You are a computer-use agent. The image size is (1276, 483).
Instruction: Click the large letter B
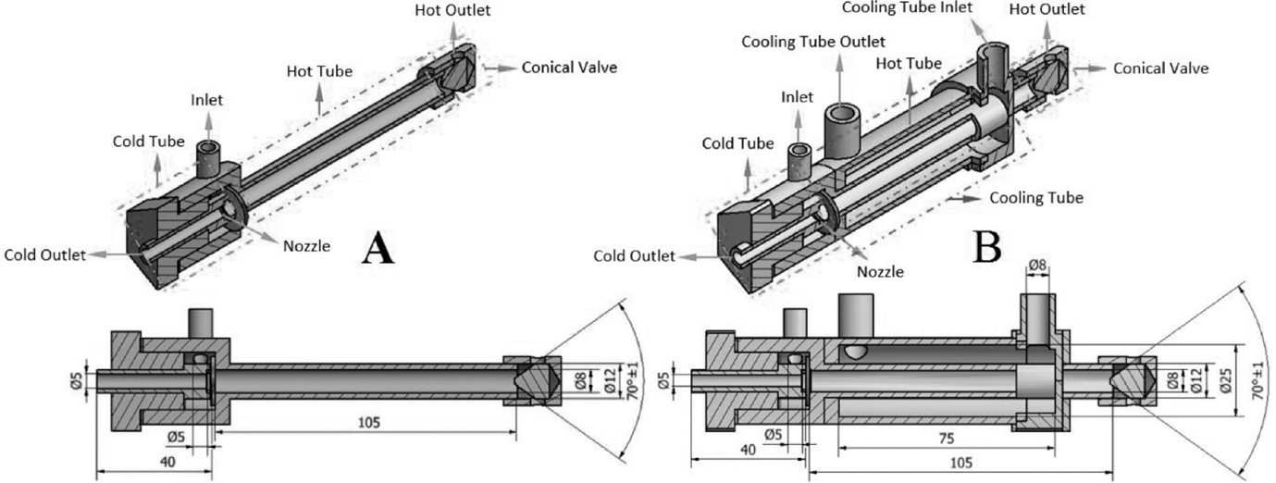click(986, 245)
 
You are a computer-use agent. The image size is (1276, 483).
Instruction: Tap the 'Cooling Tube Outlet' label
click(813, 42)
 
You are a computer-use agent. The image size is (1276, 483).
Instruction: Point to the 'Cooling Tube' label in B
click(1035, 198)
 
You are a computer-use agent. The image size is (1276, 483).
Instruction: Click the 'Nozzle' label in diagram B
click(879, 271)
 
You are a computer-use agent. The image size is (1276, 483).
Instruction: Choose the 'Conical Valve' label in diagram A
click(569, 68)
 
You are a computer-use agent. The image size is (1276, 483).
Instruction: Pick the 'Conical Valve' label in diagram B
click(1160, 68)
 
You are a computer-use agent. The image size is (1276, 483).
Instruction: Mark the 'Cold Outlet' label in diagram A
click(45, 254)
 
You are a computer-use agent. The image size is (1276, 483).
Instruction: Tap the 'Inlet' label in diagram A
click(207, 99)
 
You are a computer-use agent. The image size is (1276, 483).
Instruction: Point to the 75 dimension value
click(945, 438)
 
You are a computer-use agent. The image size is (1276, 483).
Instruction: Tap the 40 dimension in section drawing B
click(749, 448)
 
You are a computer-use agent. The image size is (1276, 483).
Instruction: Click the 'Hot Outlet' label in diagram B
click(1047, 10)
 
